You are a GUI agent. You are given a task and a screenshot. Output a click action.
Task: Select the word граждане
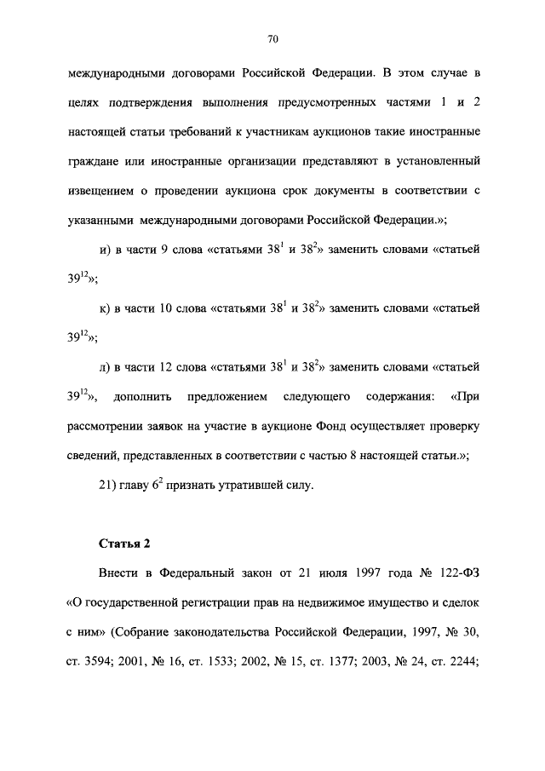pos(96,161)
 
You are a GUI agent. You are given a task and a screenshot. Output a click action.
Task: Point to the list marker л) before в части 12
pos(106,367)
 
